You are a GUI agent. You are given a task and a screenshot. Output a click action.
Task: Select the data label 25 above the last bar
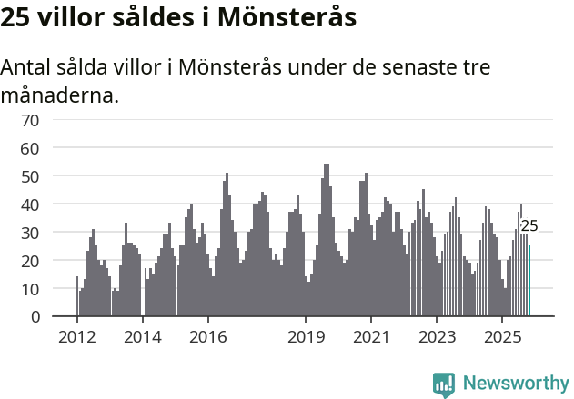tap(529, 226)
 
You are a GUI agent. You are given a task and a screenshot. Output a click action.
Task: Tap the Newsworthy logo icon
tap(444, 384)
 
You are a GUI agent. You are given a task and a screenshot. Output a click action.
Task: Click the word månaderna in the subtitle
tap(59, 95)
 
